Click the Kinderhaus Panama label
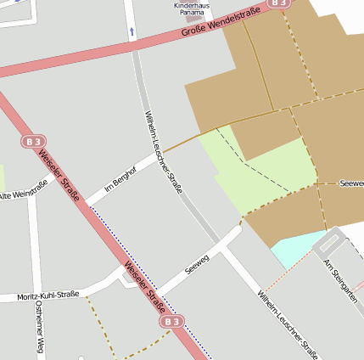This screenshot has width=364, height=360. pos(191,9)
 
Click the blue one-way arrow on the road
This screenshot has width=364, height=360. pos(132,31)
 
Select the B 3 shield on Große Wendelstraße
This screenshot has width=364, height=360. pos(277,3)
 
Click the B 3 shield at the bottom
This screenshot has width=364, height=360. pos(172,322)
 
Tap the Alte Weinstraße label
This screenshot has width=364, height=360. pos(23,191)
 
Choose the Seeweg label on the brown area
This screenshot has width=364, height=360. pos(350,183)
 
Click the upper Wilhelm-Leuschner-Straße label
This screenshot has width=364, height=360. pos(163,153)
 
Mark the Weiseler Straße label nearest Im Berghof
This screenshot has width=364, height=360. pos(60,177)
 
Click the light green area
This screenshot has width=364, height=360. pos(255,178)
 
